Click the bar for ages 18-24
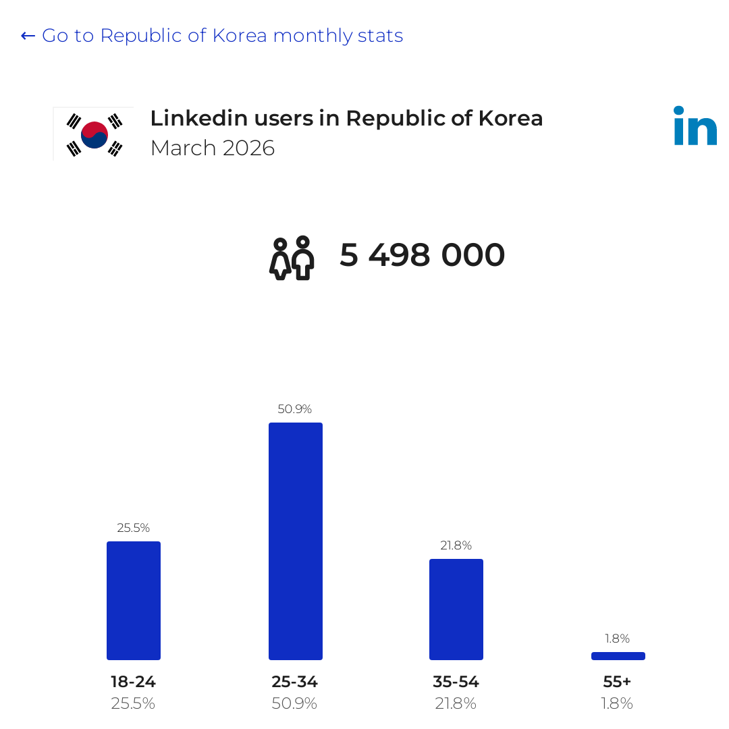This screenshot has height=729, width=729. click(134, 600)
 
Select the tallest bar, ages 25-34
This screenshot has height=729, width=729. click(295, 541)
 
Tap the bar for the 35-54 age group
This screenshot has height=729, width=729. click(456, 609)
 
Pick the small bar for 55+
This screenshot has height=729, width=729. click(618, 656)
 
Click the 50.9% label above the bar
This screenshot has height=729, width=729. click(294, 409)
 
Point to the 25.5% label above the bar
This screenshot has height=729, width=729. click(134, 528)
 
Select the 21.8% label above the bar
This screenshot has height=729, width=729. click(456, 545)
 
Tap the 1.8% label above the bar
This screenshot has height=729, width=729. click(617, 639)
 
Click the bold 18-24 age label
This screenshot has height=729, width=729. click(133, 682)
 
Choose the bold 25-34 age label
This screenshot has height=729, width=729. click(294, 682)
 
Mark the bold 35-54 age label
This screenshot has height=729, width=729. click(456, 682)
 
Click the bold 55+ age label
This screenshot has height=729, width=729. click(617, 682)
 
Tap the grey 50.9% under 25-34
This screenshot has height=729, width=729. click(294, 703)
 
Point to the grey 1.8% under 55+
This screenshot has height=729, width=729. click(617, 703)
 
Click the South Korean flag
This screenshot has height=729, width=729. click(94, 134)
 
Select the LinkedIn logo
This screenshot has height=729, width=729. click(695, 126)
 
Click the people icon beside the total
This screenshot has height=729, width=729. click(292, 258)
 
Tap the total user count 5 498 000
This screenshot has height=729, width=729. click(422, 254)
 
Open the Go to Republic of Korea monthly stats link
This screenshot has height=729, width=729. click(212, 36)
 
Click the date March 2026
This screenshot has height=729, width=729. click(213, 148)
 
